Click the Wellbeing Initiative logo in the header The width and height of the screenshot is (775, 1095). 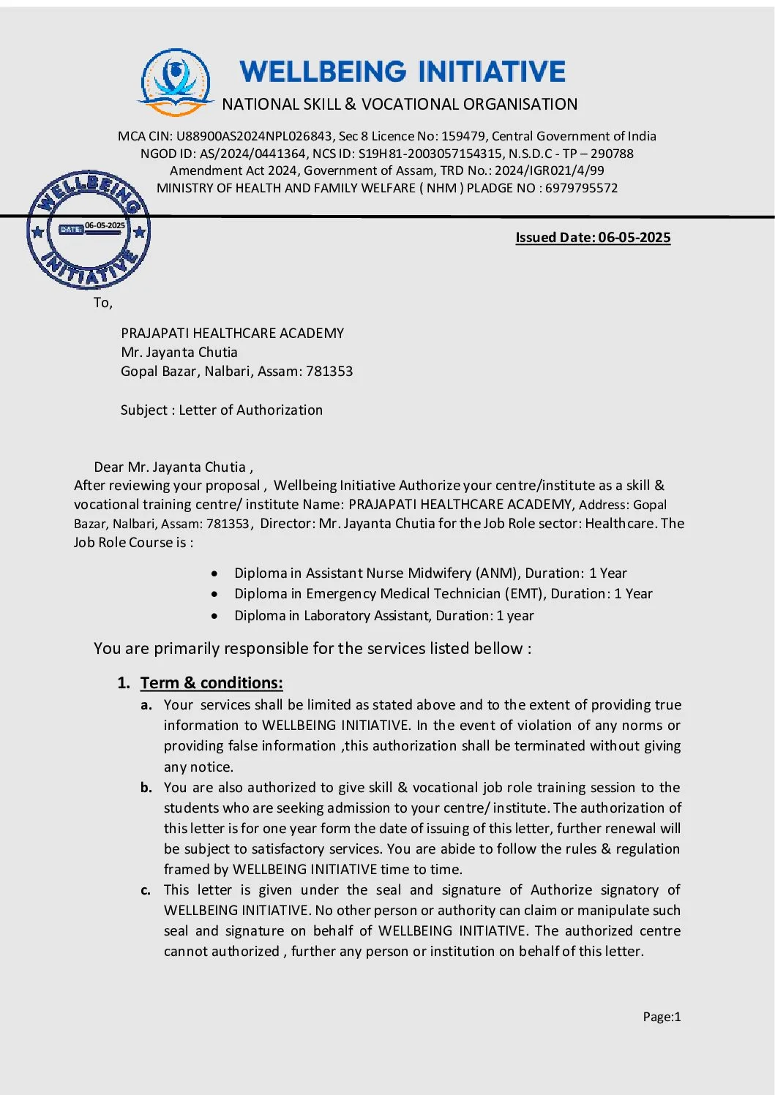(x=176, y=82)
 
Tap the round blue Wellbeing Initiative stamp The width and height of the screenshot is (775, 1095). (x=89, y=230)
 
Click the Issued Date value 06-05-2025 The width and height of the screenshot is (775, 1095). (x=634, y=238)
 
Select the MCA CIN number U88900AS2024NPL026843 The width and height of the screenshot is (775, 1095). (x=254, y=136)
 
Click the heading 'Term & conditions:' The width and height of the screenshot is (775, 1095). (x=211, y=683)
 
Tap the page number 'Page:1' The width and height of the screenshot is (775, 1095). (x=662, y=1017)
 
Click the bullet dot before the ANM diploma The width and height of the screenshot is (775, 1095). (x=214, y=573)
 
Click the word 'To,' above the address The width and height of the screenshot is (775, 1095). (x=103, y=303)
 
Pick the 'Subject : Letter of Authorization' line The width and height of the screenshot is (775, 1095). (x=222, y=410)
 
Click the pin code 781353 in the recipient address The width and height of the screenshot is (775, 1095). (x=329, y=372)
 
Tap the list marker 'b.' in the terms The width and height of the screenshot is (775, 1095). (x=146, y=788)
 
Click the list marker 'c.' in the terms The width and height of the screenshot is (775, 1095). (x=146, y=890)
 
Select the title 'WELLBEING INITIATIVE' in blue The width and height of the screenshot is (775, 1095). (x=403, y=72)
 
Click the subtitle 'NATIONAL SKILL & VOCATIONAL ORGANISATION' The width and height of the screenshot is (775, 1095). (x=400, y=105)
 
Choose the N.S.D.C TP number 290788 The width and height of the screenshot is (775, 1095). (x=612, y=154)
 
